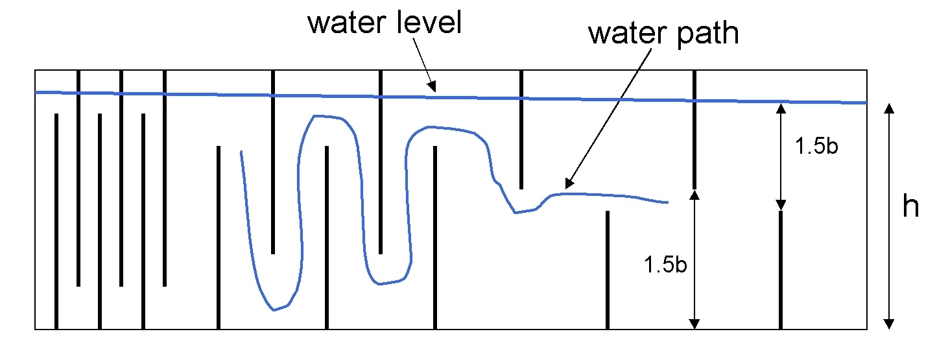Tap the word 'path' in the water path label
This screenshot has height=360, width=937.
(x=707, y=34)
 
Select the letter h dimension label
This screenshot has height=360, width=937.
(x=910, y=206)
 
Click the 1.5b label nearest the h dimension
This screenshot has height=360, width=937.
(x=816, y=146)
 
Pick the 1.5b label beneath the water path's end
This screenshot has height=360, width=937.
(x=665, y=265)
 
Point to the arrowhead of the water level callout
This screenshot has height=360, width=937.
(x=433, y=87)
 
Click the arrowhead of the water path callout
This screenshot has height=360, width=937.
(x=569, y=184)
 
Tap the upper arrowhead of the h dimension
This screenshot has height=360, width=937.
(x=889, y=108)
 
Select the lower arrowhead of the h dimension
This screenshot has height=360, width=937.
(x=889, y=324)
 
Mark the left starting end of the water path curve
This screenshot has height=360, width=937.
(x=241, y=152)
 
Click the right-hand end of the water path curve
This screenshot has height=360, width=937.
(x=668, y=202)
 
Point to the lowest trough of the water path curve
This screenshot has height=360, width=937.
(x=274, y=310)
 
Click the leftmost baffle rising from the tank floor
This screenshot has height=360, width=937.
(x=56, y=221)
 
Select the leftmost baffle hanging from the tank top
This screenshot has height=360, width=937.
(x=78, y=178)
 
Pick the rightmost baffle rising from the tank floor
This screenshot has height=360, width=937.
(x=781, y=270)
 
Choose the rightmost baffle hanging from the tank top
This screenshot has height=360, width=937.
(x=694, y=130)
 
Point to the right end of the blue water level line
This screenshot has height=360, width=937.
(x=866, y=102)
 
